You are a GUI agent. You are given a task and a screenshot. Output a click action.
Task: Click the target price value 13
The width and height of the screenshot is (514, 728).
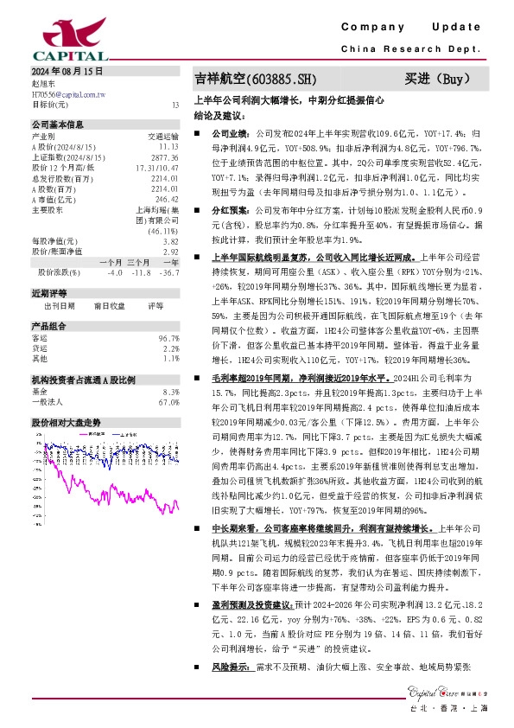[175, 104]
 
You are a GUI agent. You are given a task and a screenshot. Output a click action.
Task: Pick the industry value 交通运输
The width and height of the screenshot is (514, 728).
[163, 137]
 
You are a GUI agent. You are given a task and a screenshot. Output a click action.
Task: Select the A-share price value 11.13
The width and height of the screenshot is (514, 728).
[169, 146]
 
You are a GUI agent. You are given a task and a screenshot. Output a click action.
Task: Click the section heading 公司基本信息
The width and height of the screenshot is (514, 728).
[58, 125]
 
